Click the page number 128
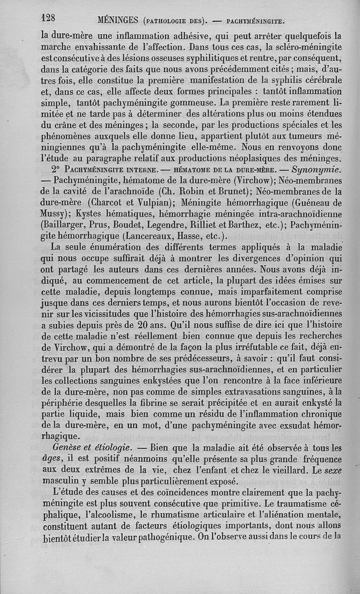click(48, 18)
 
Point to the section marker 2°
click(56, 171)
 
